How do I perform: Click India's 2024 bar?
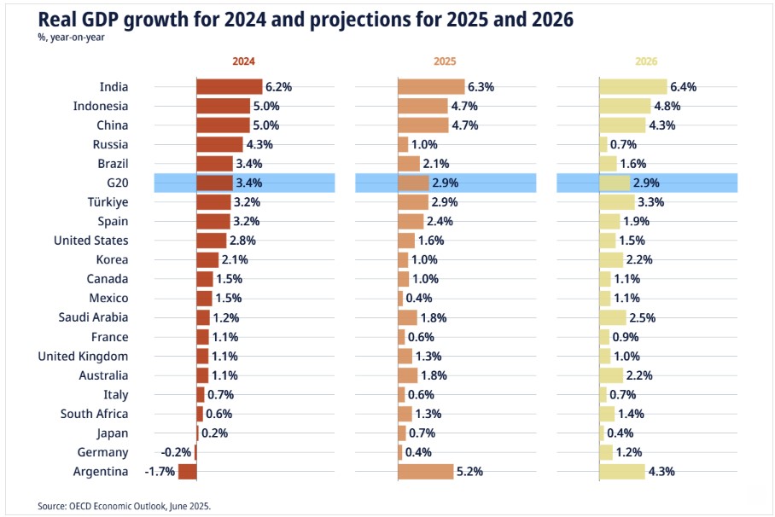(x=229, y=87)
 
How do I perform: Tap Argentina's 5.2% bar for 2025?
(x=425, y=472)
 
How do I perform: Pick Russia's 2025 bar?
(x=403, y=144)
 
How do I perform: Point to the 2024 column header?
(x=244, y=61)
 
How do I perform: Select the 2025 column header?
(x=446, y=61)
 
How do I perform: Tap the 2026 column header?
(x=647, y=61)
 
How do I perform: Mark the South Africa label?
(x=94, y=414)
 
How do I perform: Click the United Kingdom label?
(x=83, y=356)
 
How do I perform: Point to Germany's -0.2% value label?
(x=176, y=452)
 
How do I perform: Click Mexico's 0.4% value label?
(x=419, y=298)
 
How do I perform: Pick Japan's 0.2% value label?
(x=214, y=433)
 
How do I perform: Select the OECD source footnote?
(x=124, y=506)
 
